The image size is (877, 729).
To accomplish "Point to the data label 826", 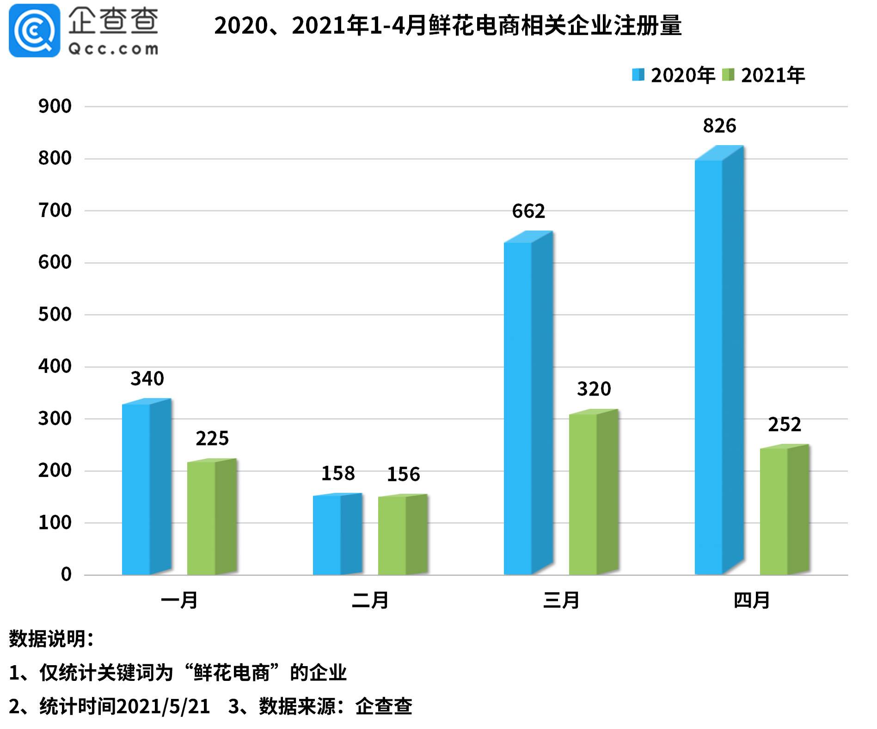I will (719, 126).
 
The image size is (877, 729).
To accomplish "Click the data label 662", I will (528, 211).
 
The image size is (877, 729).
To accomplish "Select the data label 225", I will (212, 439).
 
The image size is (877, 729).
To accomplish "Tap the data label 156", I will (403, 475).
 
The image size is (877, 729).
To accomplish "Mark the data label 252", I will (785, 425).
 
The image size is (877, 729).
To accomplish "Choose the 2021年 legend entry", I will (764, 75).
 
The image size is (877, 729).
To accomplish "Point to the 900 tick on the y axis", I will (55, 106).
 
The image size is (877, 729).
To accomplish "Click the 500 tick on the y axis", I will (55, 315).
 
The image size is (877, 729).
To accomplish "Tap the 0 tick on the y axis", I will (66, 575).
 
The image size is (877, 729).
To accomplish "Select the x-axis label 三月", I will (561, 600).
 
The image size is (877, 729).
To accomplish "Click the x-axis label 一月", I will (179, 600).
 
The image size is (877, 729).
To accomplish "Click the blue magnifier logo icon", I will (35, 31).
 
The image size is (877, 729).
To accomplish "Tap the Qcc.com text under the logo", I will (113, 49).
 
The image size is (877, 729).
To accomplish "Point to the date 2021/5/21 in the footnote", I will (163, 707).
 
